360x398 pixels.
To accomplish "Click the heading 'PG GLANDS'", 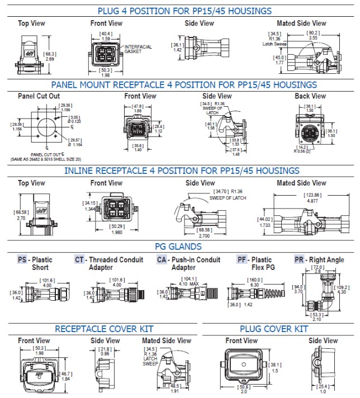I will point(178,247).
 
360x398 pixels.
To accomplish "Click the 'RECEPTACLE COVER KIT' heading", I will point(103,329).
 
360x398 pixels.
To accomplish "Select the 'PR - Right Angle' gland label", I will point(320,259).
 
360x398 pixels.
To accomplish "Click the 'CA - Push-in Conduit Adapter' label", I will point(188,263).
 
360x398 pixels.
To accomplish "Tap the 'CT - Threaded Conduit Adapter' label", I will point(109,263).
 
